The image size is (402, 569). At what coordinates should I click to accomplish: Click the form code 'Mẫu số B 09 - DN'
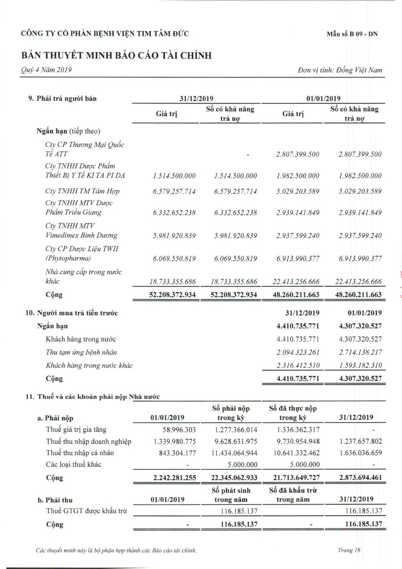tap(352, 34)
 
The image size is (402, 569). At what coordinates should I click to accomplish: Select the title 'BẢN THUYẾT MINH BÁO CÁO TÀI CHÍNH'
tap(117, 56)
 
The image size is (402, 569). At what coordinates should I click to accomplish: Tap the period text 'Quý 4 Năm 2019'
tap(46, 70)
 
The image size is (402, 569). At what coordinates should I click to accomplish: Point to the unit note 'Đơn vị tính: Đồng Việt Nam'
tap(340, 70)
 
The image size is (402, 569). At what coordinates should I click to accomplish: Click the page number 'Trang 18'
tap(349, 550)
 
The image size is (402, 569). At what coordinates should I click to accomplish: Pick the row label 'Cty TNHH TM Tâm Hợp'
tap(82, 191)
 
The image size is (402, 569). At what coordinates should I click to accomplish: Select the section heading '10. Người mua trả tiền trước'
tap(72, 313)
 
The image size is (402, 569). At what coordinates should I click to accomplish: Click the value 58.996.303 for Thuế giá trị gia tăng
tap(179, 430)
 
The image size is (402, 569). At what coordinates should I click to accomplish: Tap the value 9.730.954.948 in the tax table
tap(298, 441)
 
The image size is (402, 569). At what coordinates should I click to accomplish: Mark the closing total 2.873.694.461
tap(360, 478)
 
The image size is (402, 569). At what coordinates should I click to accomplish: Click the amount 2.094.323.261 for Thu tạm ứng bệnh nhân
tap(298, 352)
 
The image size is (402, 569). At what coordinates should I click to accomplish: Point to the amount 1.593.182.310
tap(360, 365)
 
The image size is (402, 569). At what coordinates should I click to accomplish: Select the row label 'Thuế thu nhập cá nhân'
tap(80, 453)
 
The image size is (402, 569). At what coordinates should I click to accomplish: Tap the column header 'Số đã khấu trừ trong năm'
tap(293, 495)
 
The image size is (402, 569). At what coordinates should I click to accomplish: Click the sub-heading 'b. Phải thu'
tap(55, 500)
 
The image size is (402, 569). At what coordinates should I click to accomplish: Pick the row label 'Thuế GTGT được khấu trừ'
tap(87, 511)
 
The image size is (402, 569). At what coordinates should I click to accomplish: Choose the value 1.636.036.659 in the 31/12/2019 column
tap(361, 453)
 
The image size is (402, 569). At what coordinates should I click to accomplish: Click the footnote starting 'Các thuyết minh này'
tap(116, 550)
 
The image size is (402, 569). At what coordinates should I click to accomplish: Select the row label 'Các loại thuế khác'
tap(74, 465)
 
